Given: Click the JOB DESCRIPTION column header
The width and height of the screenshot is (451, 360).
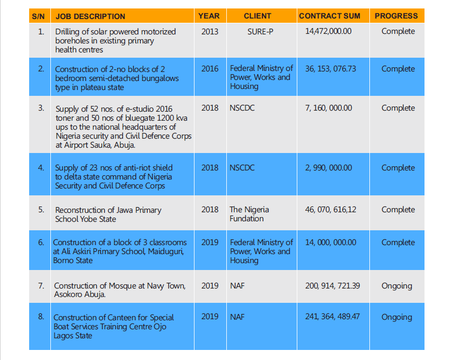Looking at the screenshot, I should click(x=90, y=16).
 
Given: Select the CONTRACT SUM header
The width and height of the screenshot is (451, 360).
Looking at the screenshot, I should click(x=329, y=16).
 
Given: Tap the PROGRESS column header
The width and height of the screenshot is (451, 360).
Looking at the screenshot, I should click(x=396, y=16).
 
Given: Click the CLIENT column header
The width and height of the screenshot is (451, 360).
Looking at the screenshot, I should click(x=258, y=16).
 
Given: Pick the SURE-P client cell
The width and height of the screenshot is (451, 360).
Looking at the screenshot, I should click(x=260, y=31).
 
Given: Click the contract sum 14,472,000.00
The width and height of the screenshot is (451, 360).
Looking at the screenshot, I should click(x=328, y=31).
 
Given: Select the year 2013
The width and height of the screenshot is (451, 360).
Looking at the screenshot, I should click(x=210, y=31).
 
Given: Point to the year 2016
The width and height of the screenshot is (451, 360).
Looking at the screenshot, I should click(x=210, y=68).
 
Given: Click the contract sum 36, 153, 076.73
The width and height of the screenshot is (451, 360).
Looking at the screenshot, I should click(x=331, y=69).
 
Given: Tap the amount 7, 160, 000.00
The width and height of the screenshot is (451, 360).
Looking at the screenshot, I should click(x=329, y=108).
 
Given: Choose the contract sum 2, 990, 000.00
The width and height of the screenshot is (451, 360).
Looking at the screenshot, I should click(x=329, y=168).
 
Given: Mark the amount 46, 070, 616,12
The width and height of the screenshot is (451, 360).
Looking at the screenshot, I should click(x=331, y=210).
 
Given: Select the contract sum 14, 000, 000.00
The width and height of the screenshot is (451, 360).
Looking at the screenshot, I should click(x=331, y=242).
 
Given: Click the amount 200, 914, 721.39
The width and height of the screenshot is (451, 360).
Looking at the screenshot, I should click(x=333, y=286).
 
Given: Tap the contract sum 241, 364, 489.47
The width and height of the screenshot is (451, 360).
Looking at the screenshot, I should click(x=333, y=317).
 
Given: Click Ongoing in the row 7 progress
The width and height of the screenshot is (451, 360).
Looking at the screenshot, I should click(x=396, y=286).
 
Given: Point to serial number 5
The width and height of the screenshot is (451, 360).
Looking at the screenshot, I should click(x=41, y=210).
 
